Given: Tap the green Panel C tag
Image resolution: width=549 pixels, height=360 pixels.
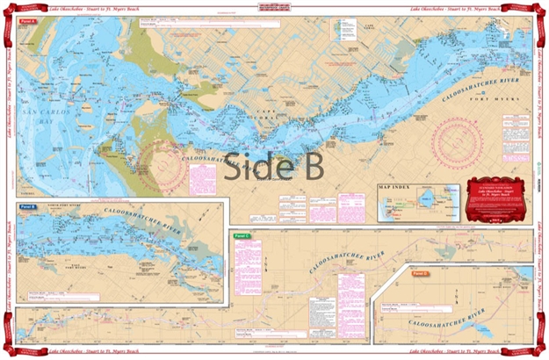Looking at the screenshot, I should pos(242,237).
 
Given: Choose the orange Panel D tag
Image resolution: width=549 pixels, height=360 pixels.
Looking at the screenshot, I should pos(420,273).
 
